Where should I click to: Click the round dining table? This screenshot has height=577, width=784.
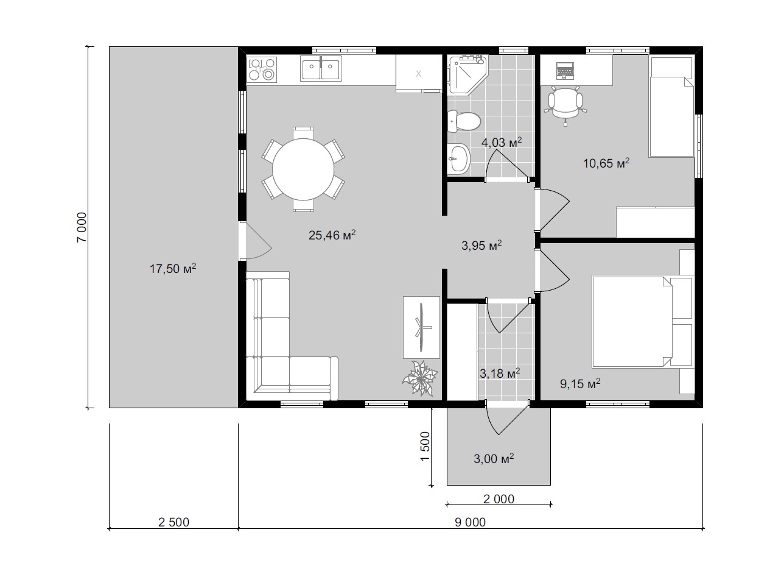click(x=303, y=169)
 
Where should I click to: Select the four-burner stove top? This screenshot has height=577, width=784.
click(x=262, y=69)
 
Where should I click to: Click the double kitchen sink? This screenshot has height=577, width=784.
click(x=321, y=68)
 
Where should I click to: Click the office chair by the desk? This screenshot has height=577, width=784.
click(x=565, y=105)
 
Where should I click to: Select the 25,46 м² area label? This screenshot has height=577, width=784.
click(x=332, y=235)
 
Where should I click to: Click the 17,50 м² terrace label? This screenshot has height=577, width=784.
click(x=173, y=268)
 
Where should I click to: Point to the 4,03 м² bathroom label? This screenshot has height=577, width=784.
click(x=502, y=142)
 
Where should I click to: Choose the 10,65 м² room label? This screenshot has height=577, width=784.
click(x=606, y=163)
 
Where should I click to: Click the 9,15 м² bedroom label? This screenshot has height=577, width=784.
click(x=580, y=384)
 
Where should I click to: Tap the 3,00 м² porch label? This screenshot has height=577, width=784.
click(x=494, y=459)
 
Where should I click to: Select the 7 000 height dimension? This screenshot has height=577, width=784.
click(x=81, y=227)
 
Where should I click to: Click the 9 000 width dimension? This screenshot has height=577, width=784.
click(x=470, y=522)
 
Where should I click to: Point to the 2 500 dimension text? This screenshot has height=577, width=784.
click(x=173, y=522)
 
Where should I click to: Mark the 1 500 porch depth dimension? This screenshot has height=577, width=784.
click(x=424, y=447)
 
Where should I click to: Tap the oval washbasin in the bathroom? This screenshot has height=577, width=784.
click(x=458, y=158)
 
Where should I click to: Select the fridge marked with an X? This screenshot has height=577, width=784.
click(x=419, y=74)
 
